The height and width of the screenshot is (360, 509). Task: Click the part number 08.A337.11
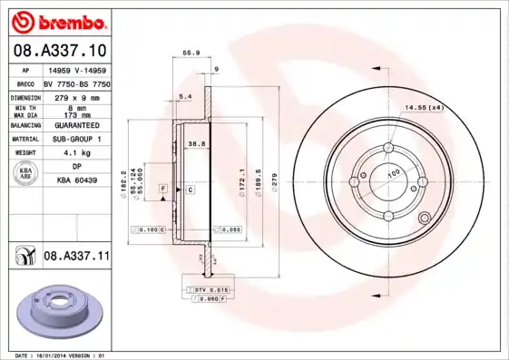tap(77, 257)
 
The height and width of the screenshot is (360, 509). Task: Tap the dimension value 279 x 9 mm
tap(75, 95)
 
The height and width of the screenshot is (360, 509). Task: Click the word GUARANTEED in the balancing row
tap(76, 125)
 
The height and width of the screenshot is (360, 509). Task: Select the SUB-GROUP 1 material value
tap(76, 140)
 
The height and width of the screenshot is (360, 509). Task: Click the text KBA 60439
tap(76, 181)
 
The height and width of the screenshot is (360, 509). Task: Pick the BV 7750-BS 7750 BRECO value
tap(77, 82)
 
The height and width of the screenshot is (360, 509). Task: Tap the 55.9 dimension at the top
tap(191, 53)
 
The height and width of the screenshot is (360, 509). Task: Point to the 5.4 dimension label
tap(185, 95)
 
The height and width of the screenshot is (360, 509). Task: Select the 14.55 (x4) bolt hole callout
tap(424, 108)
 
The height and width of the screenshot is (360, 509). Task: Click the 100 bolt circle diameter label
tap(394, 172)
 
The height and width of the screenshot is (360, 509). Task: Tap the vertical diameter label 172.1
tap(241, 177)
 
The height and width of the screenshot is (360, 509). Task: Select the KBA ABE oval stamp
tap(27, 173)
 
